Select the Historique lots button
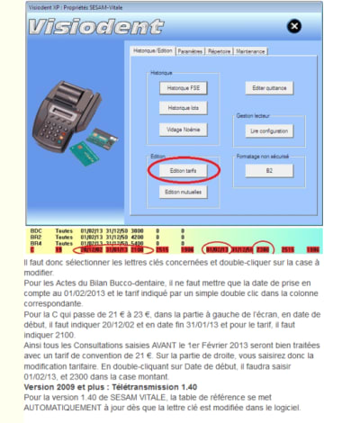tap(183, 108)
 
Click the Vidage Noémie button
tap(183, 129)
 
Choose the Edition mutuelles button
tap(183, 192)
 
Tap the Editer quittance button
tap(269, 88)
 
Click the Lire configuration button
tap(269, 130)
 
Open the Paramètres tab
tap(190, 51)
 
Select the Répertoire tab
tap(220, 51)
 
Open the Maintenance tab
tap(251, 51)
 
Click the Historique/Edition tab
tap(152, 50)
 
